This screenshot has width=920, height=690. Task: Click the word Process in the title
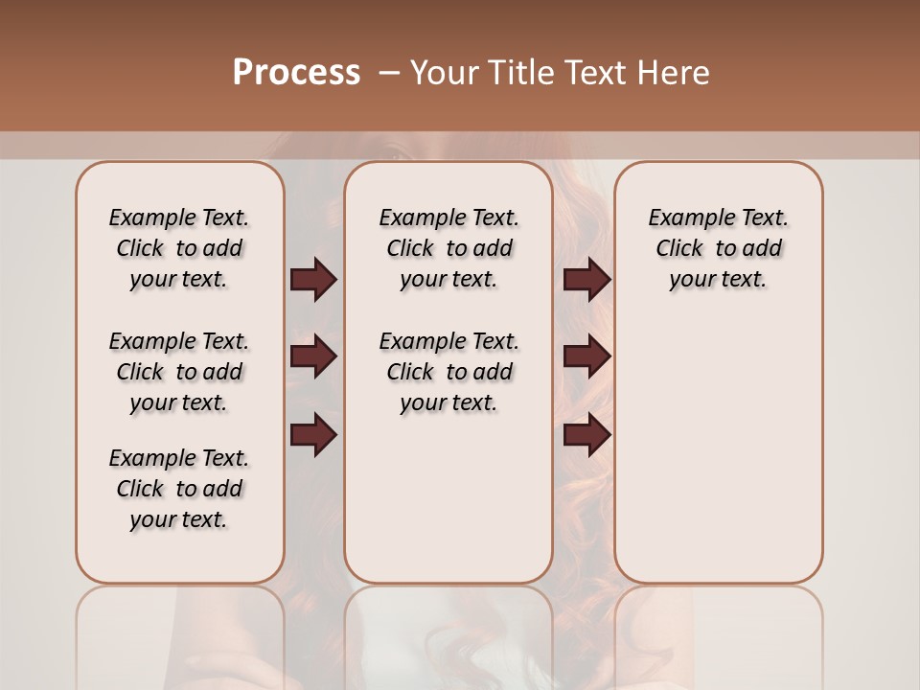click(x=296, y=73)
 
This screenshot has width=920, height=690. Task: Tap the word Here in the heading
click(x=675, y=73)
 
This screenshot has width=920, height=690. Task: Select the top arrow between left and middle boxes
click(x=313, y=280)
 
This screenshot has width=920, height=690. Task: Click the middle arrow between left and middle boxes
click(x=313, y=356)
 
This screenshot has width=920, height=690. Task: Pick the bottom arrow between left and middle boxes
click(x=313, y=436)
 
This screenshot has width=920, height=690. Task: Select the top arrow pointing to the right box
click(x=586, y=280)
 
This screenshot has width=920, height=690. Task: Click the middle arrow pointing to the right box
click(x=586, y=356)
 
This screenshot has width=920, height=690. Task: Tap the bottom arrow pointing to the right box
click(x=586, y=436)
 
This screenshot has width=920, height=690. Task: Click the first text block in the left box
click(x=179, y=248)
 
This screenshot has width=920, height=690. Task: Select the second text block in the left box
click(x=179, y=372)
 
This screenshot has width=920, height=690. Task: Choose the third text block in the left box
click(x=179, y=489)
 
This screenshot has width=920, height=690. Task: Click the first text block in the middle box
click(x=448, y=248)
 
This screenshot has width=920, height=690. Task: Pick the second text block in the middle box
click(x=448, y=372)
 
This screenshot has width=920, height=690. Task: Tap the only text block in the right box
click(x=718, y=248)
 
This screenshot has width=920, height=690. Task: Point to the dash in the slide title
click(x=389, y=74)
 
